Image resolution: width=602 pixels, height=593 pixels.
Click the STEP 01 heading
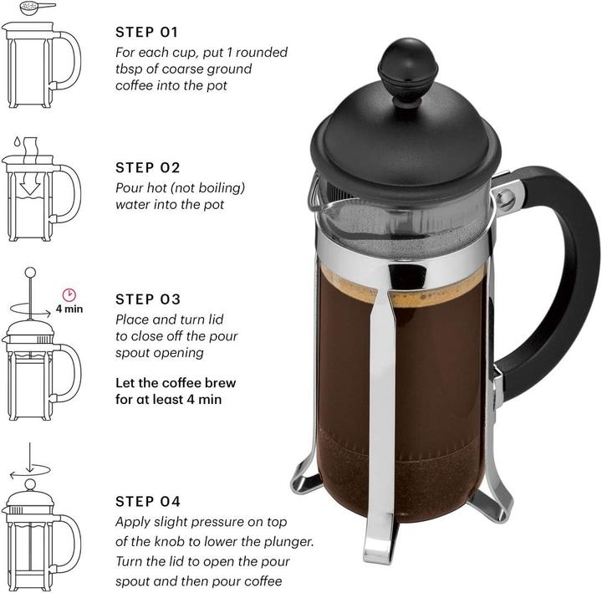coord(147,33)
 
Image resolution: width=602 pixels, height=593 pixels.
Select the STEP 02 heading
coord(147,167)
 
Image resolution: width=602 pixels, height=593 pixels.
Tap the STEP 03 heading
coord(147,299)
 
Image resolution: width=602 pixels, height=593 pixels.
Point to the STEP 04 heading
coord(147,502)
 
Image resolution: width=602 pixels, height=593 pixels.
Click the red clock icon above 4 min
coord(69,294)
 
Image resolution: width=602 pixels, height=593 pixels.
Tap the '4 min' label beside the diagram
coord(69,309)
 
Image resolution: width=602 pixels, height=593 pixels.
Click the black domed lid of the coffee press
coord(404,142)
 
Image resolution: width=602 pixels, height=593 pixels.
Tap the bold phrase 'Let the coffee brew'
coord(176,383)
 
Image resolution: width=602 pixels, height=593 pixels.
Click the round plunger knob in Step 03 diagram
coord(30,273)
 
